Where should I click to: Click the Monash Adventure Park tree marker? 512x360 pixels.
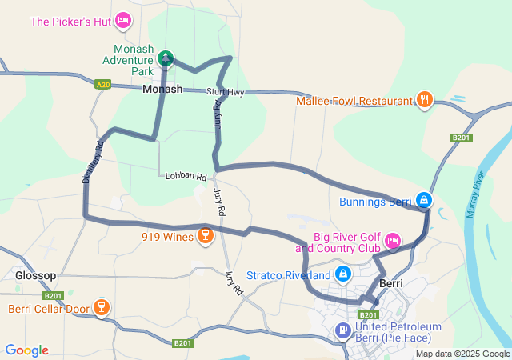pyautogui.click(x=166, y=58)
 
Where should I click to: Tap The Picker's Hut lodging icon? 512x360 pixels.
pyautogui.click(x=123, y=20)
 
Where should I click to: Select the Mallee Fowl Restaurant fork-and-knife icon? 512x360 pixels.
pyautogui.click(x=425, y=100)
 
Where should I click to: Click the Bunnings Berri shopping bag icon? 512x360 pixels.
pyautogui.click(x=425, y=200)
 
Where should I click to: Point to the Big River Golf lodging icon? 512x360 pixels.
pyautogui.click(x=393, y=240)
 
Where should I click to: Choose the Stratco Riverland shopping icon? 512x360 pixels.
pyautogui.click(x=343, y=274)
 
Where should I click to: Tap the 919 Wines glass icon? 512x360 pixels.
pyautogui.click(x=206, y=235)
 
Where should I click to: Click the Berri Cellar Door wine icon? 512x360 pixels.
pyautogui.click(x=102, y=308)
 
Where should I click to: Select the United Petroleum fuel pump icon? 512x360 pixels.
pyautogui.click(x=343, y=329)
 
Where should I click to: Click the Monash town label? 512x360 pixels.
pyautogui.click(x=162, y=90)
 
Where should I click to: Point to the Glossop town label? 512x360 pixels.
pyautogui.click(x=36, y=275)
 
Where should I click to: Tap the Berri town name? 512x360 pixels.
pyautogui.click(x=391, y=284)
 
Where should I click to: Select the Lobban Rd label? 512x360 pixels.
pyautogui.click(x=186, y=175)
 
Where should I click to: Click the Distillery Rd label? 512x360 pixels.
pyautogui.click(x=93, y=165)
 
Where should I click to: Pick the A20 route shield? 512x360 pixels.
pyautogui.click(x=102, y=84)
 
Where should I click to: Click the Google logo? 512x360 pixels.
pyautogui.click(x=26, y=350)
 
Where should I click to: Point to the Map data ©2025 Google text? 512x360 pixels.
pyautogui.click(x=462, y=354)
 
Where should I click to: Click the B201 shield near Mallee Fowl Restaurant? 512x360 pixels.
pyautogui.click(x=462, y=138)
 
